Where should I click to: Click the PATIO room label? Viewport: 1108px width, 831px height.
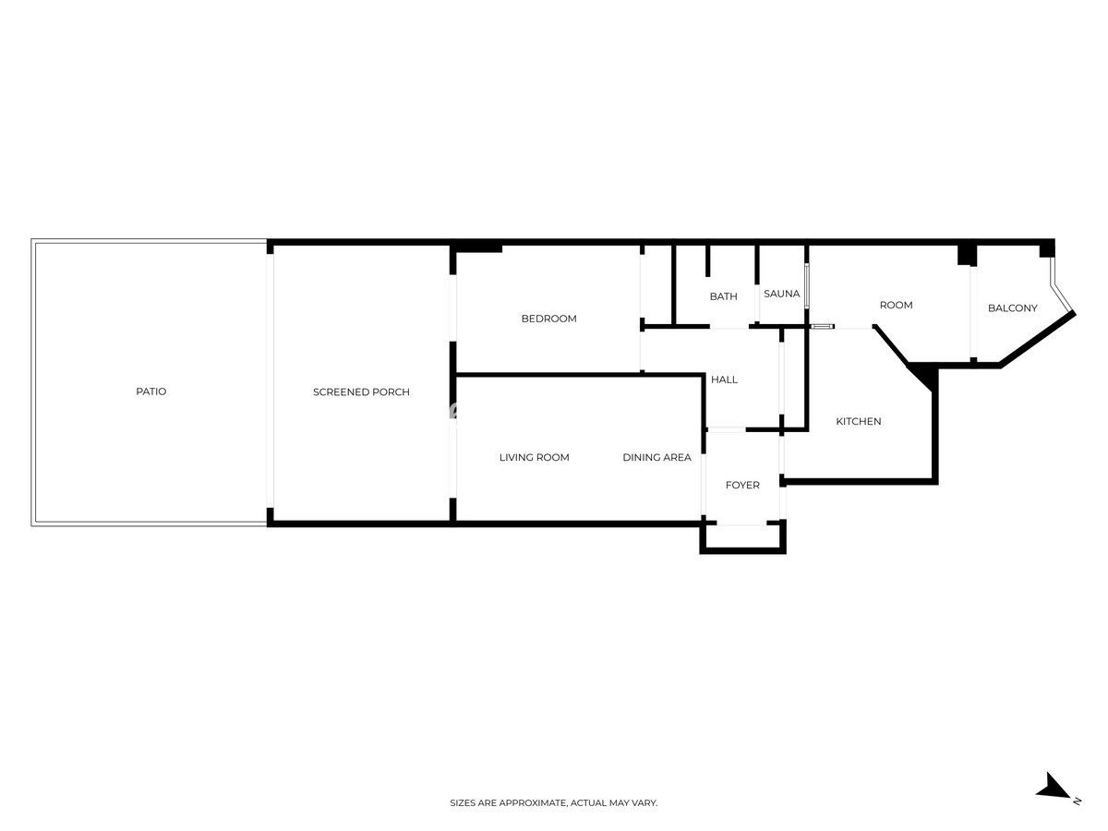click(x=151, y=391)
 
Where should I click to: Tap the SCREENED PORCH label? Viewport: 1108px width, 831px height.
click(x=361, y=392)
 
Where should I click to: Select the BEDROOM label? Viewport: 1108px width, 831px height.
click(x=548, y=319)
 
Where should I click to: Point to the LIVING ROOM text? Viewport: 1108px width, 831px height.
click(x=534, y=457)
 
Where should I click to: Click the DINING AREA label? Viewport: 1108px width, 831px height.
click(x=656, y=457)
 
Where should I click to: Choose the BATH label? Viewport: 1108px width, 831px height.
click(x=723, y=296)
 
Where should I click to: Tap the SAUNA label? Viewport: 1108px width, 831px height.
click(x=781, y=294)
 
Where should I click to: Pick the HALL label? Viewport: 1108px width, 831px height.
click(x=724, y=379)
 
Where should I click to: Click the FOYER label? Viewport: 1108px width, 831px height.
click(x=742, y=485)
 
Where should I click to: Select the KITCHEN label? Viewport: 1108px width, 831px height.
click(x=859, y=421)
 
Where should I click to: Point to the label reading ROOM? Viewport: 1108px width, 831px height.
click(x=896, y=305)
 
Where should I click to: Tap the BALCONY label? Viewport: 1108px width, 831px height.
click(x=1013, y=308)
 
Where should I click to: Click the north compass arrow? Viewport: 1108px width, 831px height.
click(x=1053, y=788)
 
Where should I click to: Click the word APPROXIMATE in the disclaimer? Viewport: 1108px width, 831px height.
click(x=532, y=803)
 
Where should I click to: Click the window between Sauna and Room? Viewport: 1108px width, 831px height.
click(x=807, y=286)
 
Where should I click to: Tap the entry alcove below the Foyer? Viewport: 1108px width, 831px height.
click(x=742, y=537)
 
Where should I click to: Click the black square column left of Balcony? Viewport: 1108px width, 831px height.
click(x=967, y=254)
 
